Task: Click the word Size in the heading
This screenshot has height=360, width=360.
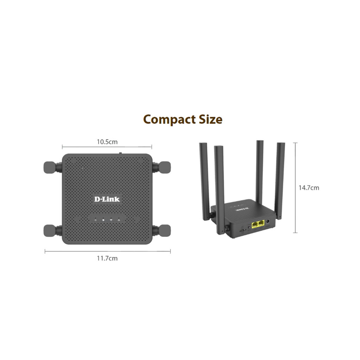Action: (209, 119)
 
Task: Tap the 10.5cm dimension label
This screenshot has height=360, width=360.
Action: (107, 142)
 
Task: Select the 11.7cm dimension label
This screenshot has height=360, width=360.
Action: (107, 258)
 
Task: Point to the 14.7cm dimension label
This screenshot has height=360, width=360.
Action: (309, 188)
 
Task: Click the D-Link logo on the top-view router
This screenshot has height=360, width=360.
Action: (107, 199)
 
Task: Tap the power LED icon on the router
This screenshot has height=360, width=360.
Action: (95, 220)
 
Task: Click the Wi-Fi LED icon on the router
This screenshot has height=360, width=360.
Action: (111, 220)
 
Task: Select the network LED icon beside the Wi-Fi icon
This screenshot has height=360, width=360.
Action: (120, 220)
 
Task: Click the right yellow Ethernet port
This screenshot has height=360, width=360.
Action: (261, 223)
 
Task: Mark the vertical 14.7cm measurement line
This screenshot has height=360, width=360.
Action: (295, 188)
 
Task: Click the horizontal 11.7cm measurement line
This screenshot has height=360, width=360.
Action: (107, 251)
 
